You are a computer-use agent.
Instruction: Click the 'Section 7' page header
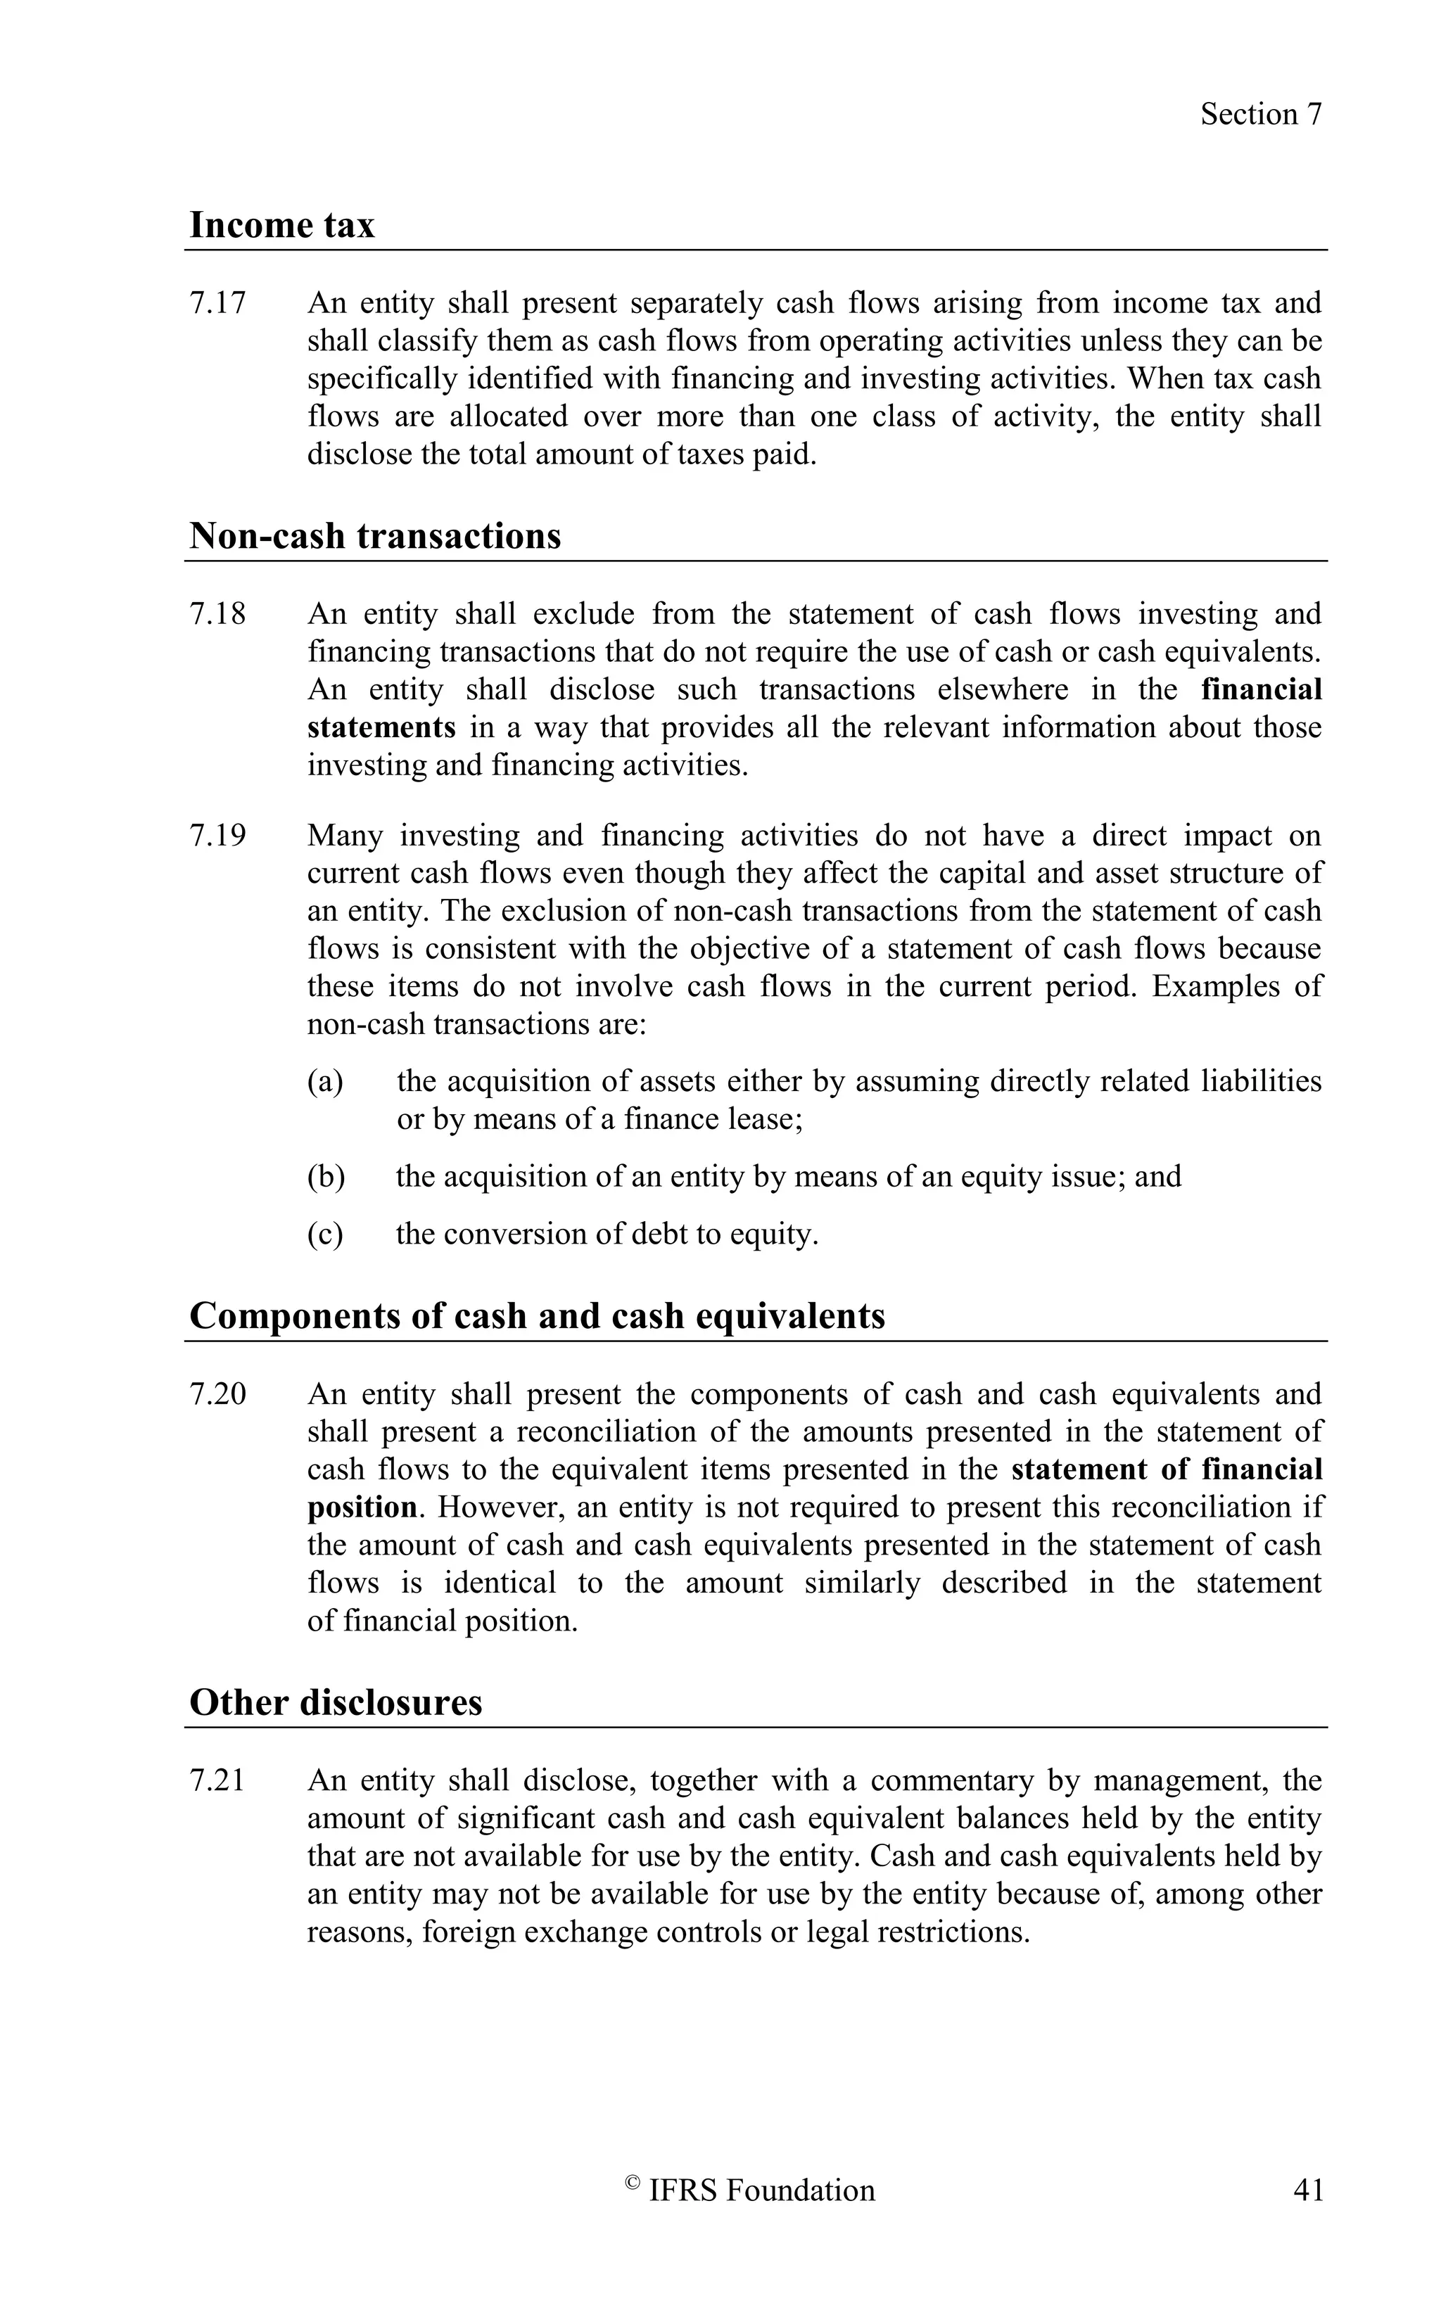[1260, 115]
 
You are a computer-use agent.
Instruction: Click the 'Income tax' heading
[282, 226]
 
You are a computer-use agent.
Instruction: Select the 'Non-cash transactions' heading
[374, 537]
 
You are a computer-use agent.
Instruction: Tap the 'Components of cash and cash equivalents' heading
[537, 1316]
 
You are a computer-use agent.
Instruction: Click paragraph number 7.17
[217, 303]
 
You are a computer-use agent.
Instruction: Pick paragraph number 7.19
[217, 836]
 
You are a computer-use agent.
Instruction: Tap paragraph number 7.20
[217, 1394]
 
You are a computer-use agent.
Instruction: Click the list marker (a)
[325, 1081]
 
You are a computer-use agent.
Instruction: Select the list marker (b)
[325, 1177]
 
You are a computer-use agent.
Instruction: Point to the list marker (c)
[325, 1234]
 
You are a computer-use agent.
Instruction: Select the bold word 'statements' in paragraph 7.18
[381, 728]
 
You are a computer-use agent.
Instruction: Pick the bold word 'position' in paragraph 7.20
[361, 1507]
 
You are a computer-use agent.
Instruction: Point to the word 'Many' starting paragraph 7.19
[344, 836]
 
